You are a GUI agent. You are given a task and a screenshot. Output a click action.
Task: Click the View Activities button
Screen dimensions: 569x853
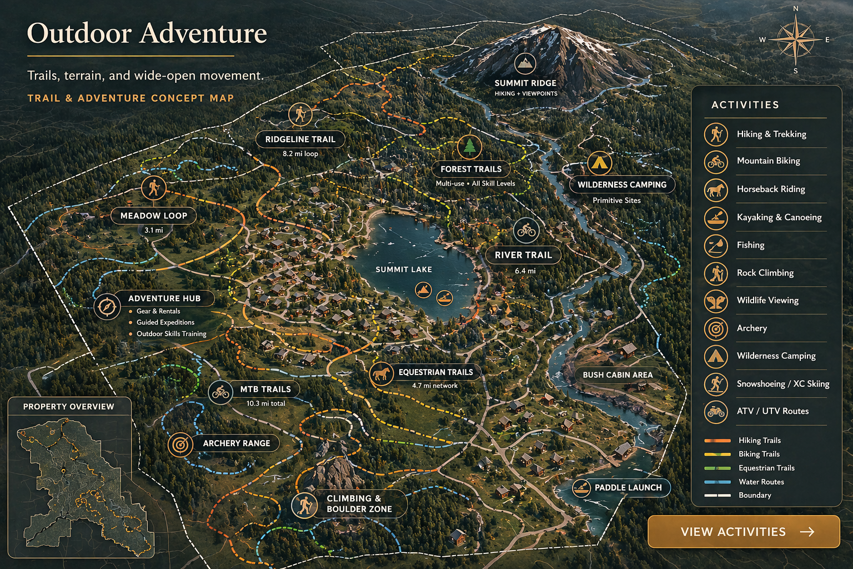[x=743, y=532]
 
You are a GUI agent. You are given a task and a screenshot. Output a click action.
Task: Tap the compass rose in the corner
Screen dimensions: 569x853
[x=795, y=39]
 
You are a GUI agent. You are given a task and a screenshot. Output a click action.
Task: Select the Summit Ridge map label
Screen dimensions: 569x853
[x=525, y=83]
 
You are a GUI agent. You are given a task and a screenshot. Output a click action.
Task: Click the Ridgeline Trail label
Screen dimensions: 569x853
[x=300, y=139]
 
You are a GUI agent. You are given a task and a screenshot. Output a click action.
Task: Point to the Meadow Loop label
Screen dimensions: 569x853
[x=154, y=216]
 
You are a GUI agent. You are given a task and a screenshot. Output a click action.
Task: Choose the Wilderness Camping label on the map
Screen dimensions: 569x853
[x=621, y=184]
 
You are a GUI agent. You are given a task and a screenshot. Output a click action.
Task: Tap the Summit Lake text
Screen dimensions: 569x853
[x=404, y=269]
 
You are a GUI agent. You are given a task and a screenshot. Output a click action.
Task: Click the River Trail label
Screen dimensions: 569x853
[x=523, y=255]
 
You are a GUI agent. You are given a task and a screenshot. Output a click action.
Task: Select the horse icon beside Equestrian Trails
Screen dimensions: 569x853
[x=382, y=373]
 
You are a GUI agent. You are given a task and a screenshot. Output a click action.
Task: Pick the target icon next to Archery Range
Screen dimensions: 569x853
[x=180, y=444]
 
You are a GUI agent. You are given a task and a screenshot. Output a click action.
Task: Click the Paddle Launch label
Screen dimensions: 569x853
[x=628, y=487]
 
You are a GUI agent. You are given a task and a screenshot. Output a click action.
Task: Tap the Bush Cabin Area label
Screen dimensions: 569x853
[x=618, y=375]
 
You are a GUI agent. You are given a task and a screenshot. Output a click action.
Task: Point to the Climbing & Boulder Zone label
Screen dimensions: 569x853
[x=359, y=503]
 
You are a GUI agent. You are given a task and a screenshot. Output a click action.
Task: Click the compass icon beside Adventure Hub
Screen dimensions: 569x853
[x=107, y=306]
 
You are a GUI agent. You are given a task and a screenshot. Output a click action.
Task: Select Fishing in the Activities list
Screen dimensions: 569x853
[x=750, y=245]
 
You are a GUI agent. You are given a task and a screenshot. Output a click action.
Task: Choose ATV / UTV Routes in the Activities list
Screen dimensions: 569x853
[x=772, y=411]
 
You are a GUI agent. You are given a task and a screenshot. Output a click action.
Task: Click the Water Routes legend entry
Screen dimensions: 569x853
[x=761, y=482]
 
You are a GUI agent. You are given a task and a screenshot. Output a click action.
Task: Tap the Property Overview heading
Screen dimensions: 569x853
[x=69, y=407]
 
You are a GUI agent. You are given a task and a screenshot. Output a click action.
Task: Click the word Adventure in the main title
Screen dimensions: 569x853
[x=203, y=33]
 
